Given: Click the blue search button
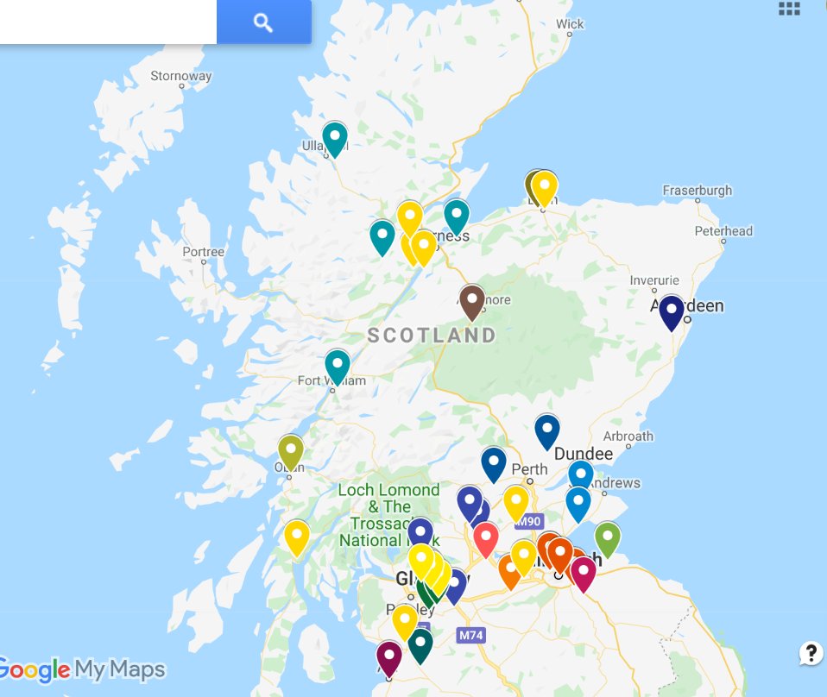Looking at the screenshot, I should tap(263, 22).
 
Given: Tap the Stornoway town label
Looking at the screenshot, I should tap(180, 76).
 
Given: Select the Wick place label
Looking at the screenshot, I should tap(570, 24).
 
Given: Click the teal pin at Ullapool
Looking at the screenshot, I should tap(334, 136).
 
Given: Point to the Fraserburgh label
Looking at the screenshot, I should tap(697, 190).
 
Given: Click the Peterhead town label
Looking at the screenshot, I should tap(723, 231).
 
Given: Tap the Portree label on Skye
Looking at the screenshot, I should tap(203, 252).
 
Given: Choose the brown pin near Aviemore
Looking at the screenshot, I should tap(471, 300).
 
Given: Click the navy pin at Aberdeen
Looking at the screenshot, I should tap(671, 310).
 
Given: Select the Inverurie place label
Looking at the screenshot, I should tap(654, 280).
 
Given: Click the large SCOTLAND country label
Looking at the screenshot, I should tap(432, 335).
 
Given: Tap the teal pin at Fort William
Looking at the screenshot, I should tap(337, 364).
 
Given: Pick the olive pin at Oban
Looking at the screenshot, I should tap(291, 450).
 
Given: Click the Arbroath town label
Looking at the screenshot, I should tap(628, 436).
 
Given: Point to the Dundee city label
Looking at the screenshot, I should tap(584, 454).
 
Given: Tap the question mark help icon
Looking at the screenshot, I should tap(811, 653).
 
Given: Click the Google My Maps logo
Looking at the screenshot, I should tap(82, 669).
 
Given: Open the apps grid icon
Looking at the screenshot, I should tap(789, 9).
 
